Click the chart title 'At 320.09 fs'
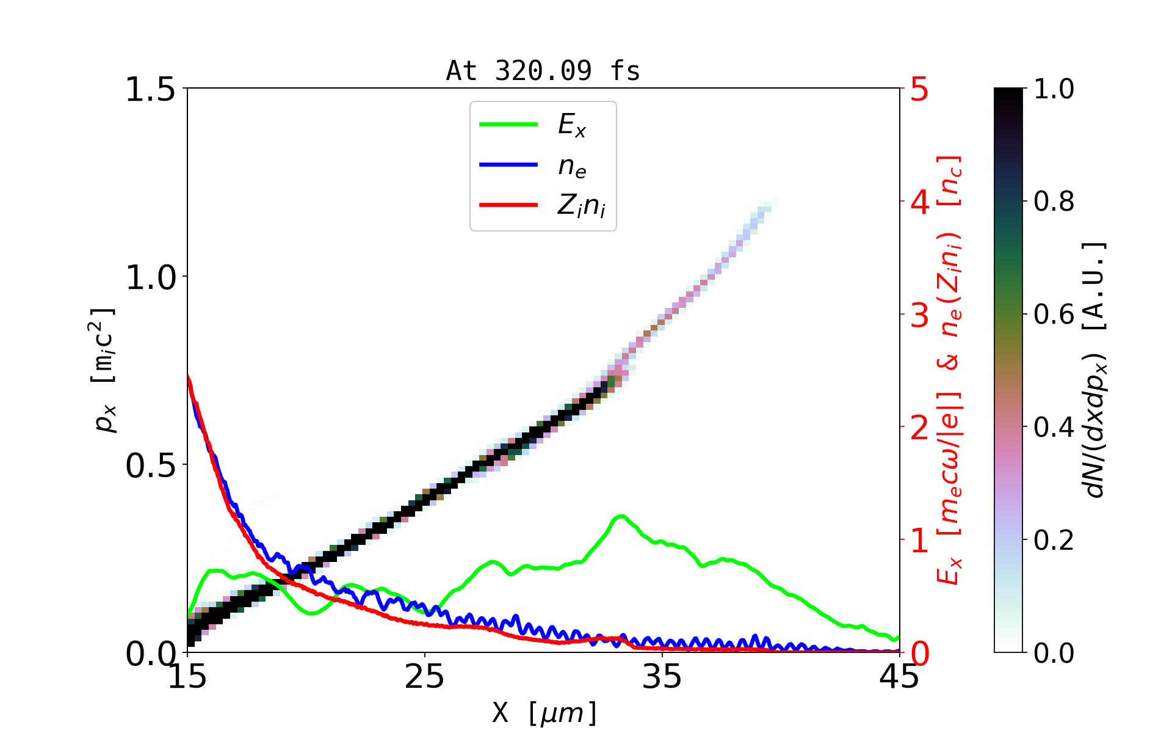[543, 71]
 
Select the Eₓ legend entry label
[572, 125]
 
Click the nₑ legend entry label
[572, 166]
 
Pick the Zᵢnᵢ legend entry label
[581, 206]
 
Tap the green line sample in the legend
[508, 125]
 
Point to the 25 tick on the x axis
[425, 677]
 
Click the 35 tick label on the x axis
[662, 677]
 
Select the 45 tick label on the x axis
[900, 677]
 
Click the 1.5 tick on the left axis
[150, 89]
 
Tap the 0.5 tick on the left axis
[150, 465]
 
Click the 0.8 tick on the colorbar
[1054, 202]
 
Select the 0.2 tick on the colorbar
[1054, 540]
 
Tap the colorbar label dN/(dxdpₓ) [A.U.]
[1096, 370]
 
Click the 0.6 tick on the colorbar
[1054, 315]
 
